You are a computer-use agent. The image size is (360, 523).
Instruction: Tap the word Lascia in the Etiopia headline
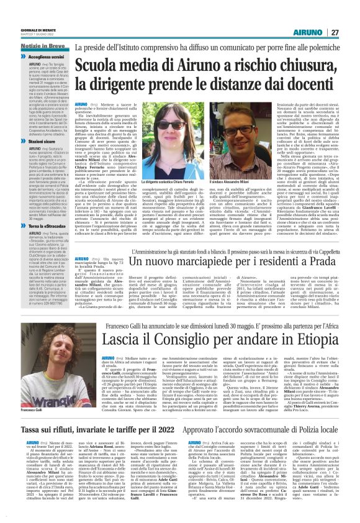coord(99,340)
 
